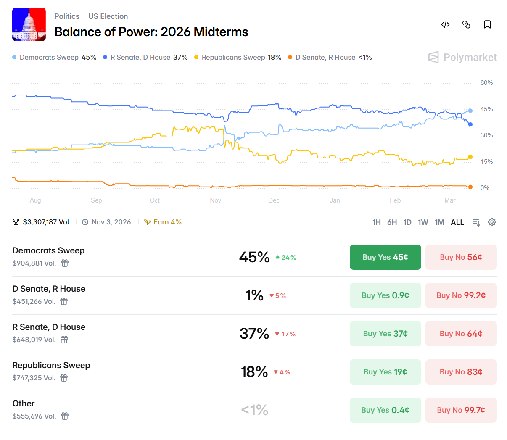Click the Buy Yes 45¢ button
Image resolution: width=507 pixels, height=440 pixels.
385,257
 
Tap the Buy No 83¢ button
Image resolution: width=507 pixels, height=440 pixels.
461,372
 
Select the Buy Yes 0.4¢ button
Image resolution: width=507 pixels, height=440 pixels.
385,410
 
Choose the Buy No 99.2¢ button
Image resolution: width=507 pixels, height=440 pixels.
461,295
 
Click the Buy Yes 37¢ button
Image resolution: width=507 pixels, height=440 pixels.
385,334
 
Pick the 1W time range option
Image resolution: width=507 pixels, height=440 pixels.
423,222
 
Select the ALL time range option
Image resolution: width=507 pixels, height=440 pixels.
457,222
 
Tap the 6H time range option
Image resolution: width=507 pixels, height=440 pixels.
392,222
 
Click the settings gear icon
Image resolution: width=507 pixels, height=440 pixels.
492,222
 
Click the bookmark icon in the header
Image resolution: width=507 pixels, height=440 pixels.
487,24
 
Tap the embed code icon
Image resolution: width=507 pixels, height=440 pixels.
445,24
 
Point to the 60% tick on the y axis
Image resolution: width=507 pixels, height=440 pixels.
486,83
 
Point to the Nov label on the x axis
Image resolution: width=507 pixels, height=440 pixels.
216,200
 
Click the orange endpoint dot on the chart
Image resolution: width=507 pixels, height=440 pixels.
470,187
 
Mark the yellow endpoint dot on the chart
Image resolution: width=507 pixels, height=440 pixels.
470,157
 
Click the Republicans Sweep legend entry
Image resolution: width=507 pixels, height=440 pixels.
238,58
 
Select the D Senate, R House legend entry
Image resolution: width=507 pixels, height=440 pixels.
330,58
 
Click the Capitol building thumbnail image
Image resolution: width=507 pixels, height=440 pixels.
29,24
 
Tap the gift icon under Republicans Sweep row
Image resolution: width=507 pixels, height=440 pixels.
64,378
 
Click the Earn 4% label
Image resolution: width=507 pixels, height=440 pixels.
163,222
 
